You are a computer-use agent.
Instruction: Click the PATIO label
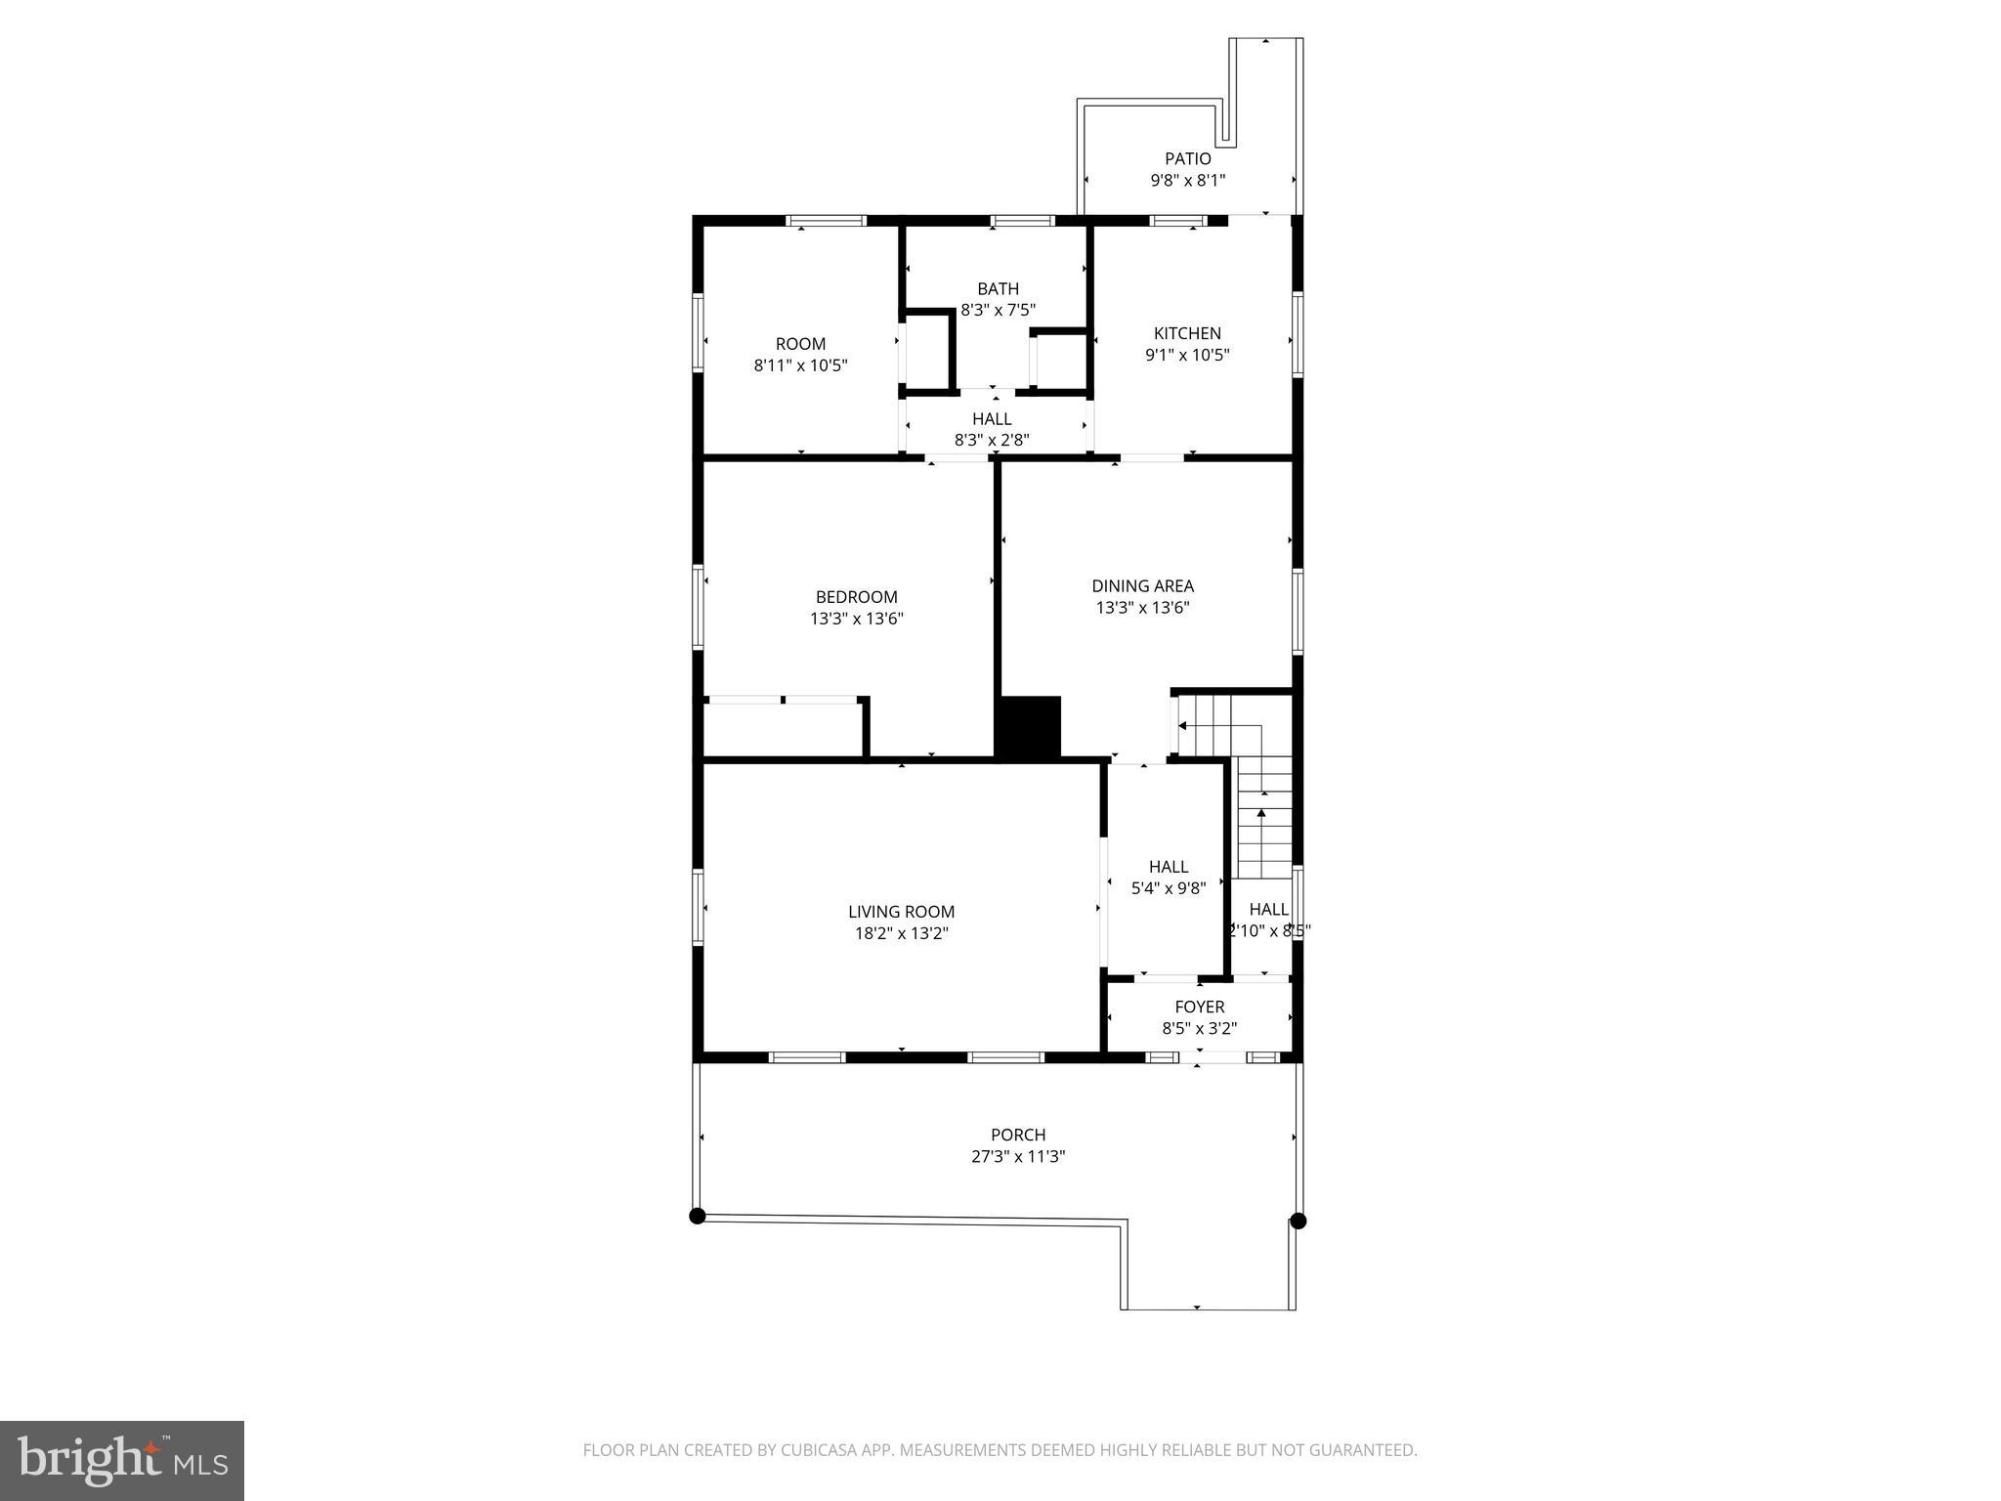coord(1187,158)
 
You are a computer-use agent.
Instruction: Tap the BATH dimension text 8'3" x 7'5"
coord(998,310)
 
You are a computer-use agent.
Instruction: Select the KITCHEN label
coord(1187,333)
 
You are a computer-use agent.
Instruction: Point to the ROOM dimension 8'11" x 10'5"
coord(800,365)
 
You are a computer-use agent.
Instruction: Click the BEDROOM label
coord(856,597)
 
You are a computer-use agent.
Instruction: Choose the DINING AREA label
coord(1142,586)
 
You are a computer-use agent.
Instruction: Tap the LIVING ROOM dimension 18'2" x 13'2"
coord(901,933)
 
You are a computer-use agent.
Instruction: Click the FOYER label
coord(1199,1007)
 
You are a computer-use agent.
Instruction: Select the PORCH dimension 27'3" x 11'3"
coord(1018,1156)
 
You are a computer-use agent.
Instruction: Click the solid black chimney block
coord(1028,726)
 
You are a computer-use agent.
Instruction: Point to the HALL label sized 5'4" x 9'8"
coord(1169,867)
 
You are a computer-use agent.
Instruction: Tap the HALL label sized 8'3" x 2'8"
coord(992,419)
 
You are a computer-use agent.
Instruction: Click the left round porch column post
coord(697,1216)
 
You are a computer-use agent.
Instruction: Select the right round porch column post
coord(1298,1221)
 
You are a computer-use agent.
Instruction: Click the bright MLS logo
coord(122,1460)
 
